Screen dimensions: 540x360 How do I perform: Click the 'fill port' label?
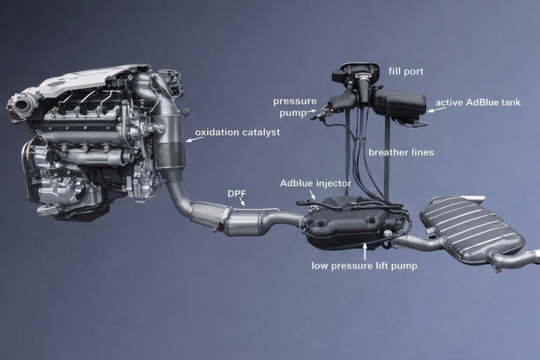[406, 72]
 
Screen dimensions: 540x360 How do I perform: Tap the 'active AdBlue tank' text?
[478, 103]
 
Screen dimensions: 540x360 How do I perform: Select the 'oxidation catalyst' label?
[238, 132]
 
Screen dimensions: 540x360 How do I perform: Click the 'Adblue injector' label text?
[315, 183]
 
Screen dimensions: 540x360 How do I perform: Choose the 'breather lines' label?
[401, 152]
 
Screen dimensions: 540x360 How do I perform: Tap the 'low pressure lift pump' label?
[364, 266]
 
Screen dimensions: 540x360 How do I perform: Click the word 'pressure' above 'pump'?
[295, 102]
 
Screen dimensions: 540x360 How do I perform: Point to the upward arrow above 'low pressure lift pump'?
[365, 251]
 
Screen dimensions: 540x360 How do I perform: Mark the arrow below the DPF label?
[242, 202]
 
